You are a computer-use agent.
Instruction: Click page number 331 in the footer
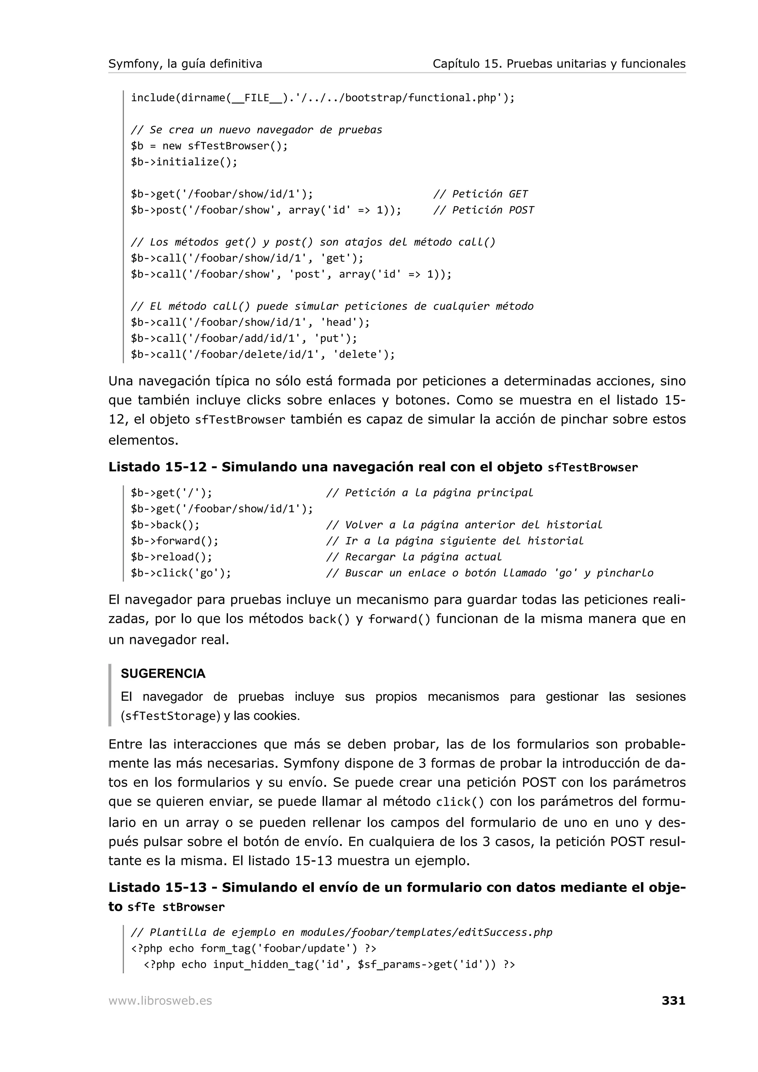coord(673,1001)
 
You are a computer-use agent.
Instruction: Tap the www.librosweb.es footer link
coord(160,1001)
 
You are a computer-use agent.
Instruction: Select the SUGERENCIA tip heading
coord(163,674)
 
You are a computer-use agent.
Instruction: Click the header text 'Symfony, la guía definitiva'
coord(185,64)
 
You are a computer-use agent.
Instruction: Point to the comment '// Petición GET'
coord(480,194)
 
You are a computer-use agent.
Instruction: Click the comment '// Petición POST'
coord(483,210)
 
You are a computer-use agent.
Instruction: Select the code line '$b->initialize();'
coord(184,162)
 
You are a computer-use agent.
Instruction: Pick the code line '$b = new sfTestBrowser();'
coord(209,146)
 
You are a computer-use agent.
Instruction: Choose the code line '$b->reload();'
coord(171,557)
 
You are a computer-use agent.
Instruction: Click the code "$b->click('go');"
coord(181,573)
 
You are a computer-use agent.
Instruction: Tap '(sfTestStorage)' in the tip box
coord(170,716)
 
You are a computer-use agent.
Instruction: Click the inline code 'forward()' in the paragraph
coord(399,619)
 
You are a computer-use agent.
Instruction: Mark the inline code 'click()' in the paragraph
coord(460,802)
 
